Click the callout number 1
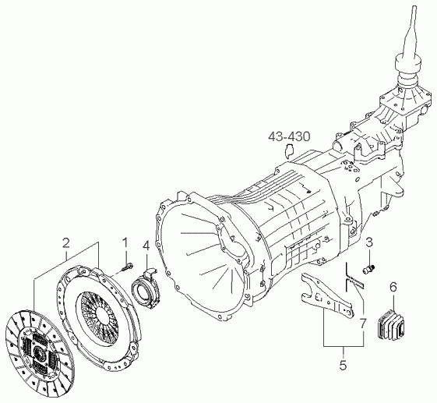pyautogui.click(x=125, y=242)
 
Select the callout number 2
pyautogui.click(x=65, y=243)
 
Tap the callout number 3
pyautogui.click(x=369, y=242)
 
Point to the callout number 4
pyautogui.click(x=146, y=245)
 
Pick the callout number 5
pyautogui.click(x=343, y=365)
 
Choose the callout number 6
pyautogui.click(x=393, y=287)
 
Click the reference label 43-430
pyautogui.click(x=289, y=136)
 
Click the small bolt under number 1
pyautogui.click(x=128, y=267)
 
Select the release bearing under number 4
pyautogui.click(x=144, y=288)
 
